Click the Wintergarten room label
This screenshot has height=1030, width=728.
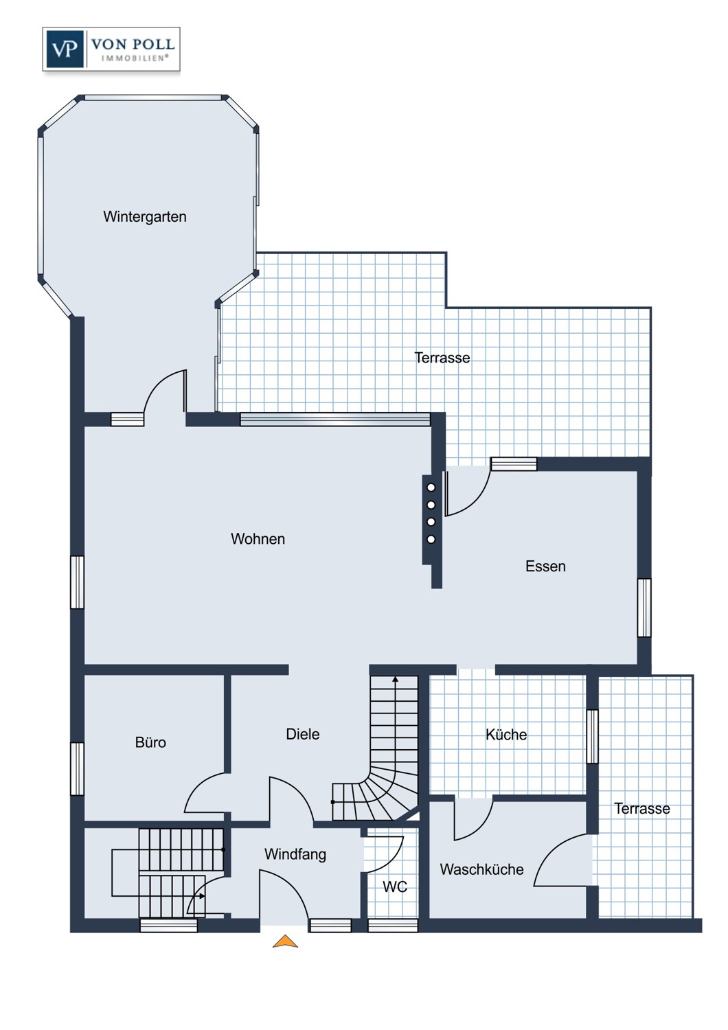(x=145, y=216)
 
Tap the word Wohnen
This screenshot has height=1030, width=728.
(x=258, y=538)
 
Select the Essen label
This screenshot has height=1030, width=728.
(x=545, y=566)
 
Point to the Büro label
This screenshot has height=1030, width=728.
(x=150, y=742)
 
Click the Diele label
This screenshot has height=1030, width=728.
(x=303, y=734)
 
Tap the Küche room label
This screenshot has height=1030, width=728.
(x=506, y=734)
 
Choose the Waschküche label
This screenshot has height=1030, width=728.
(x=481, y=869)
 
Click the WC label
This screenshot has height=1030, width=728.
(x=395, y=886)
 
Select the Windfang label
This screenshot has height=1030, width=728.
(x=295, y=854)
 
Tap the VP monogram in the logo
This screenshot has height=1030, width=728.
(x=65, y=49)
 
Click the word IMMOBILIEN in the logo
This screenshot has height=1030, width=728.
(x=135, y=58)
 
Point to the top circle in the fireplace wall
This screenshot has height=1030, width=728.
(x=431, y=488)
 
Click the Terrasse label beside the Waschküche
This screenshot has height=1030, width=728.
(x=642, y=808)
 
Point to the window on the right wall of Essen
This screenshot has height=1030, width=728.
(x=644, y=608)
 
